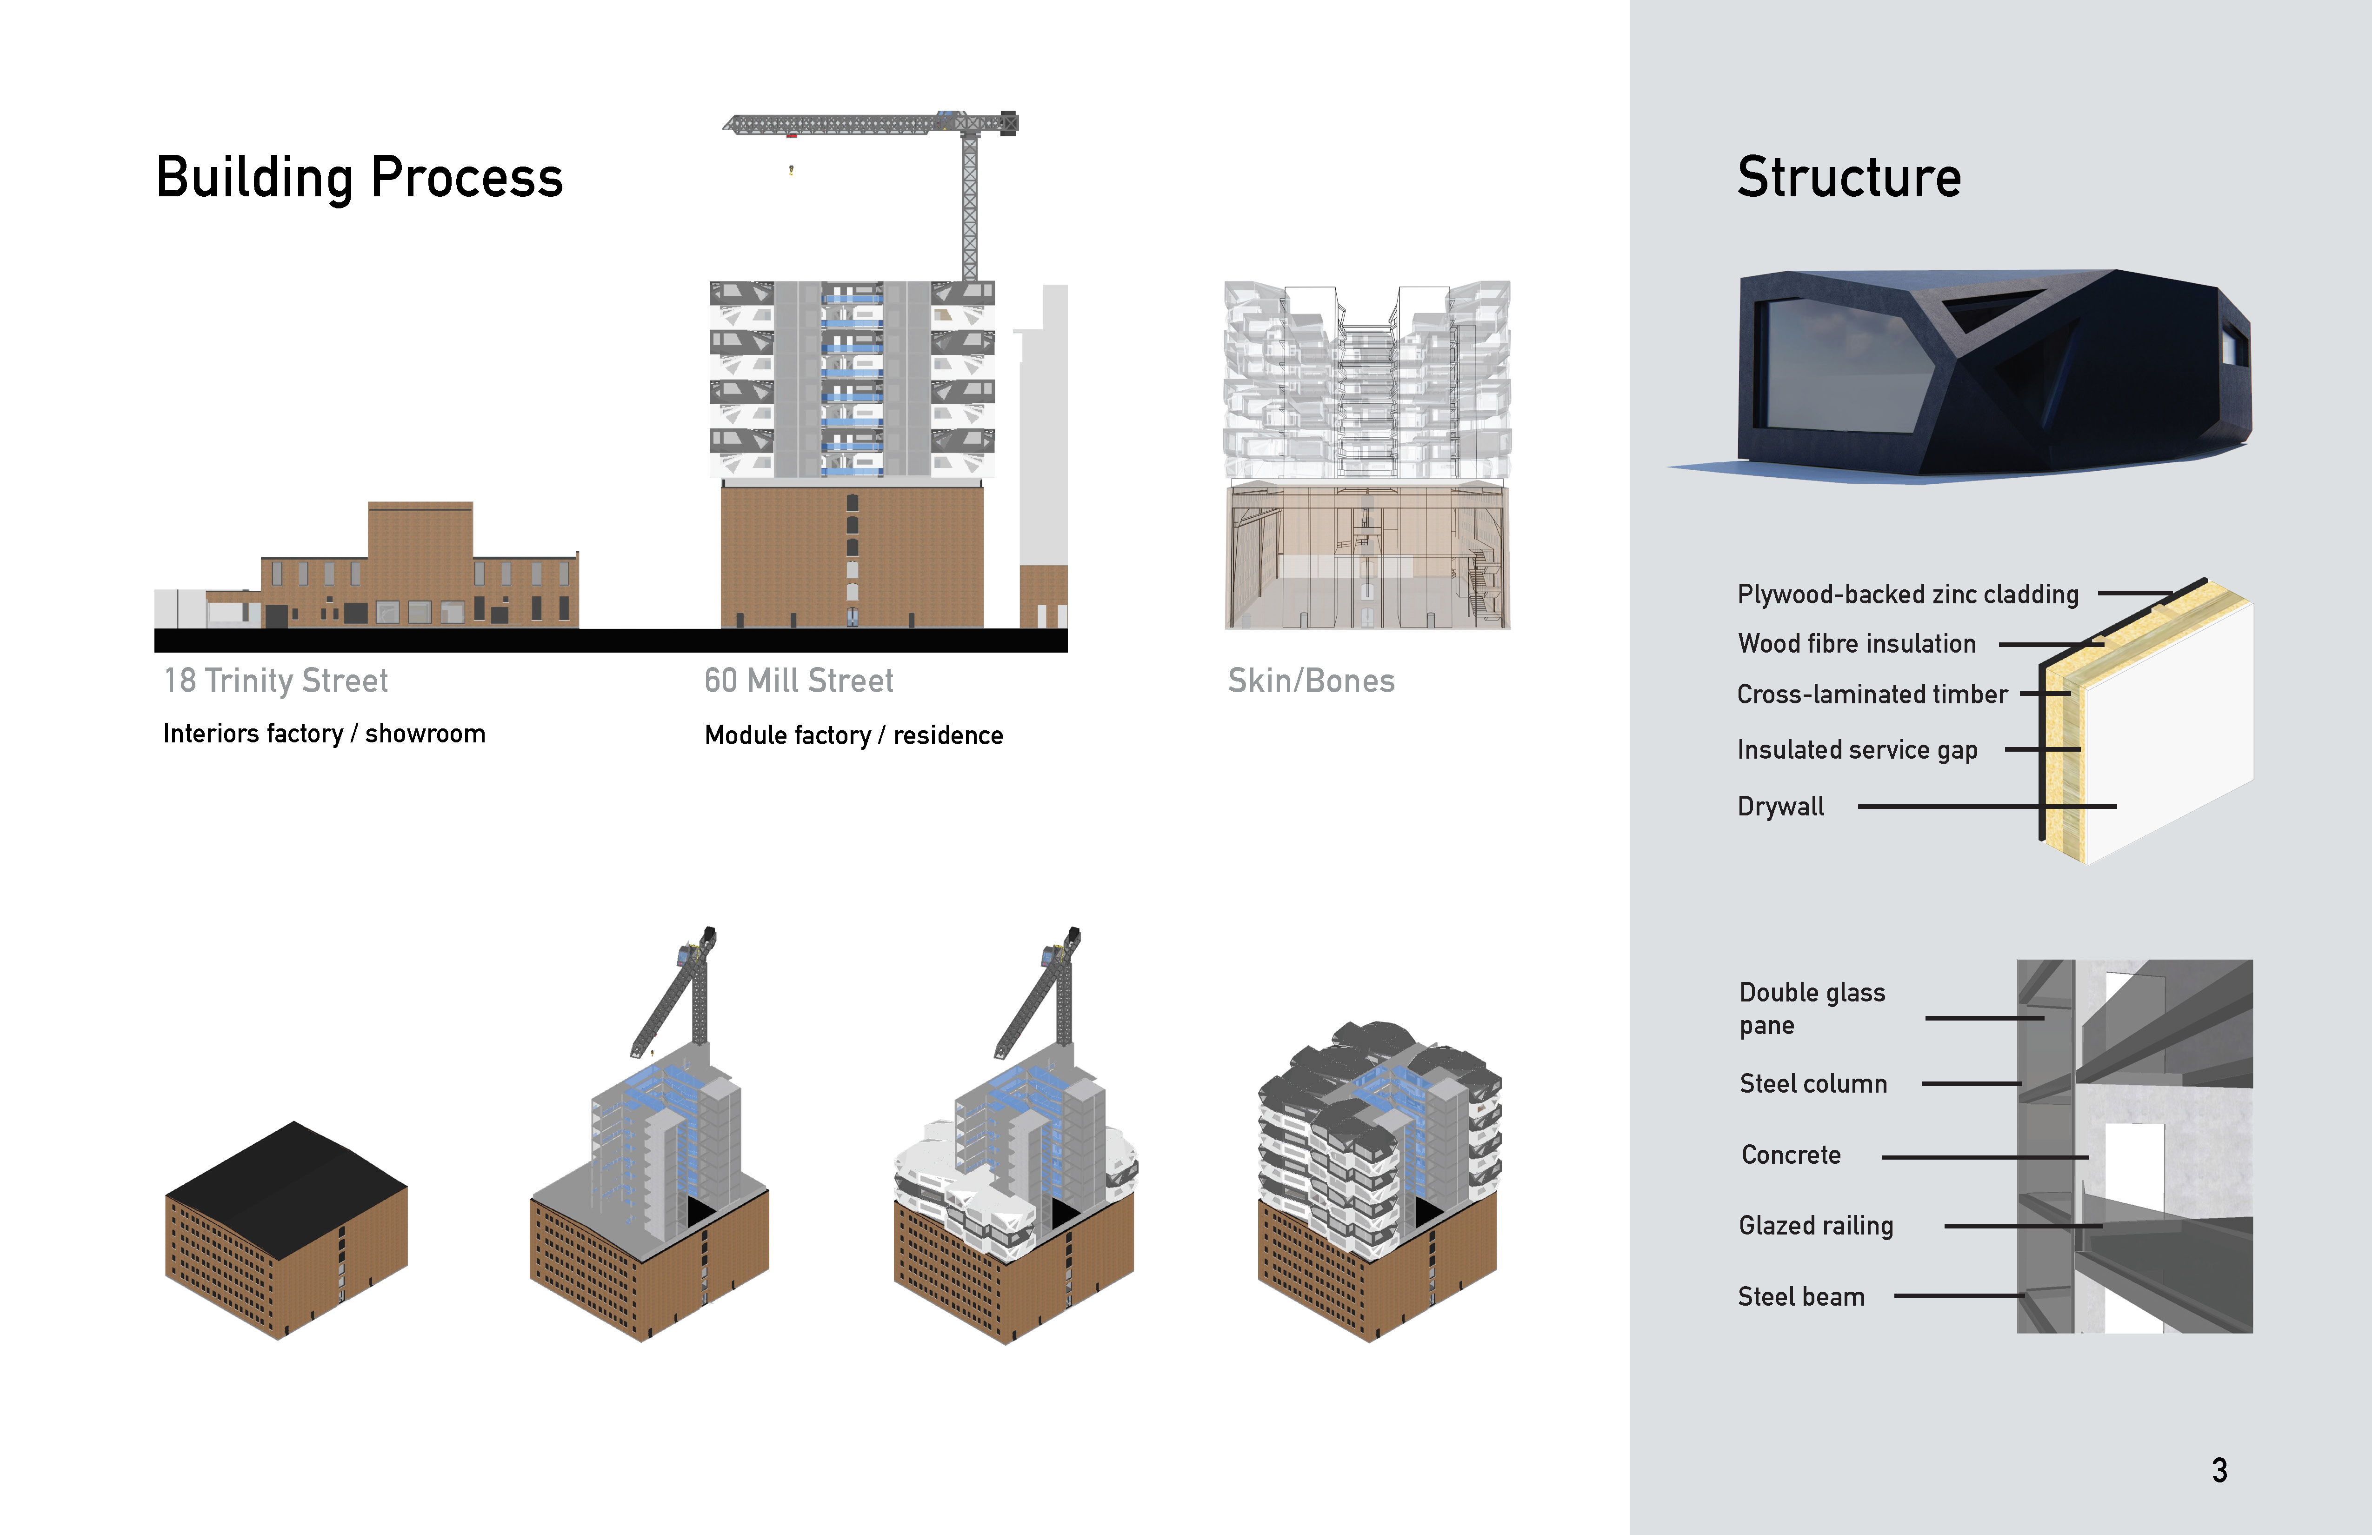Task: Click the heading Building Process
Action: [x=359, y=179]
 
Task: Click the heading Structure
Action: [x=1849, y=179]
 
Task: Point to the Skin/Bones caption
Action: [x=1311, y=681]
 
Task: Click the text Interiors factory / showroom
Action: [x=324, y=734]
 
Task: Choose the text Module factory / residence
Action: [x=853, y=735]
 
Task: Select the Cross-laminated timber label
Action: [x=1872, y=695]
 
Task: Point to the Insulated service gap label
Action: [x=1857, y=749]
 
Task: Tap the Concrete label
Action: [x=1791, y=1155]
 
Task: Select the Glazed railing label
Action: [x=1816, y=1226]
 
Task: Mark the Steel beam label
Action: [x=1801, y=1297]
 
